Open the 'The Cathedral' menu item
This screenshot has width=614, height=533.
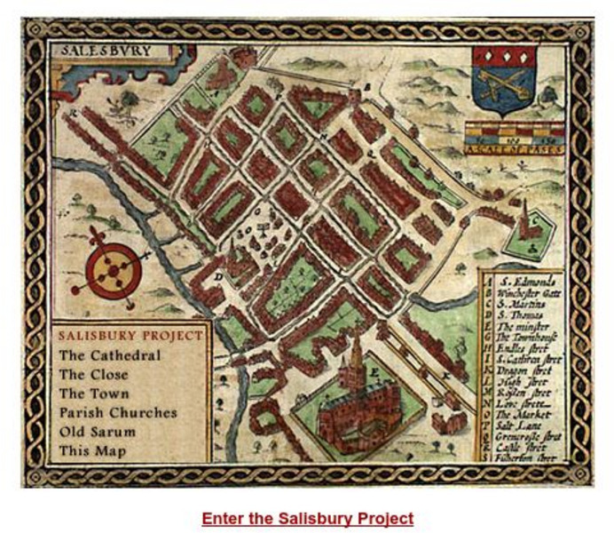[x=110, y=355]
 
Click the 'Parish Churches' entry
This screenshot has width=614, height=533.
[x=118, y=413]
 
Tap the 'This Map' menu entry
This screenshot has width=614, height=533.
[x=92, y=451]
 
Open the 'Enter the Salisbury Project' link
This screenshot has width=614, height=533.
[x=307, y=518]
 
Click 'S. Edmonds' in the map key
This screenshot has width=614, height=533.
[x=531, y=281]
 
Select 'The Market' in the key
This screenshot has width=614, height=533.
[x=523, y=414]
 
